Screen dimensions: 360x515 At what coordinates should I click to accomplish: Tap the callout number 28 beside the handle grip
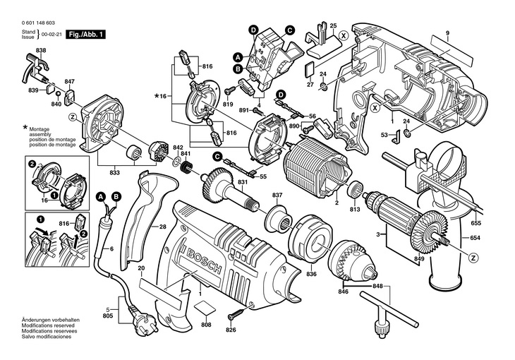click(x=162, y=227)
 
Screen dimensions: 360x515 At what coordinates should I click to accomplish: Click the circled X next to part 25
click(x=343, y=35)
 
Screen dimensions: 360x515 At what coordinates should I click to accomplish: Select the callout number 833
click(x=114, y=172)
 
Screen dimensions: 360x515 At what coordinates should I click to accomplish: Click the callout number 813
click(x=354, y=209)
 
